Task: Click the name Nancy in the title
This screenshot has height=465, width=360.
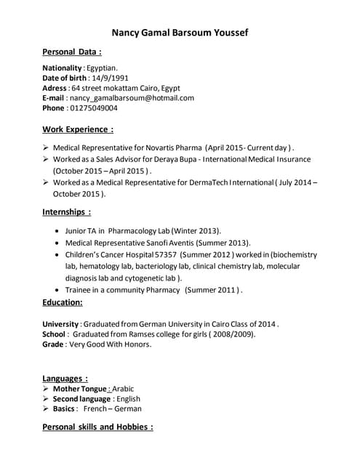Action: pyautogui.click(x=128, y=33)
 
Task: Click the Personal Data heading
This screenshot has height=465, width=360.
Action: pyautogui.click(x=72, y=52)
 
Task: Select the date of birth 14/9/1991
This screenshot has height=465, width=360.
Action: pyautogui.click(x=110, y=78)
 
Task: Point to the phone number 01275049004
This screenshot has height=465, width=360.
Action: pyautogui.click(x=93, y=108)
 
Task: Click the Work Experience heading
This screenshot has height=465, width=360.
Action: pyautogui.click(x=78, y=129)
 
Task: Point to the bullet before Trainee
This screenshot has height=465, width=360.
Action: pyautogui.click(x=57, y=290)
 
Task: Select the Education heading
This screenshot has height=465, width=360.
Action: pyautogui.click(x=63, y=302)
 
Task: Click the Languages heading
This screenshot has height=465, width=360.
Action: pyautogui.click(x=65, y=378)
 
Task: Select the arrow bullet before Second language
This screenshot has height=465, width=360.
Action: pyautogui.click(x=47, y=399)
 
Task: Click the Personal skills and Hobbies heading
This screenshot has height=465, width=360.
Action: pyautogui.click(x=98, y=427)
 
